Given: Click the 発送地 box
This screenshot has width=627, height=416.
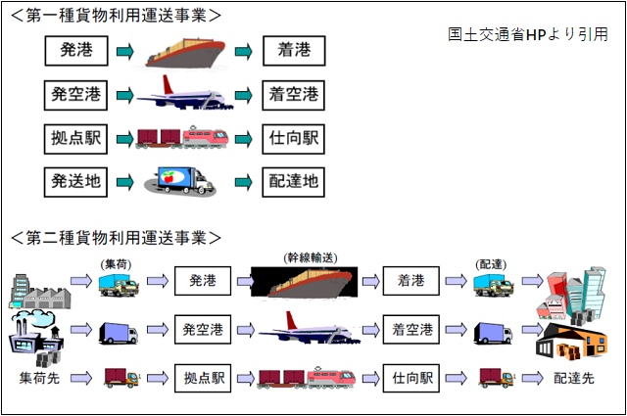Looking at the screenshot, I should [x=75, y=181].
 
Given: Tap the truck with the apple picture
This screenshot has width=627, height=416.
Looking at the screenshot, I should [x=184, y=181].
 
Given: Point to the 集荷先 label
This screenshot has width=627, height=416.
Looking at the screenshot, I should [x=38, y=378].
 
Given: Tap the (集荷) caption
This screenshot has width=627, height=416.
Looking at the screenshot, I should [x=117, y=263].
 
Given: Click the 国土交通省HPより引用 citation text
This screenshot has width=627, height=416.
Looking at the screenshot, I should [x=527, y=34].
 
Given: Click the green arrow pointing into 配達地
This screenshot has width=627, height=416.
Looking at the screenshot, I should [x=244, y=181].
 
